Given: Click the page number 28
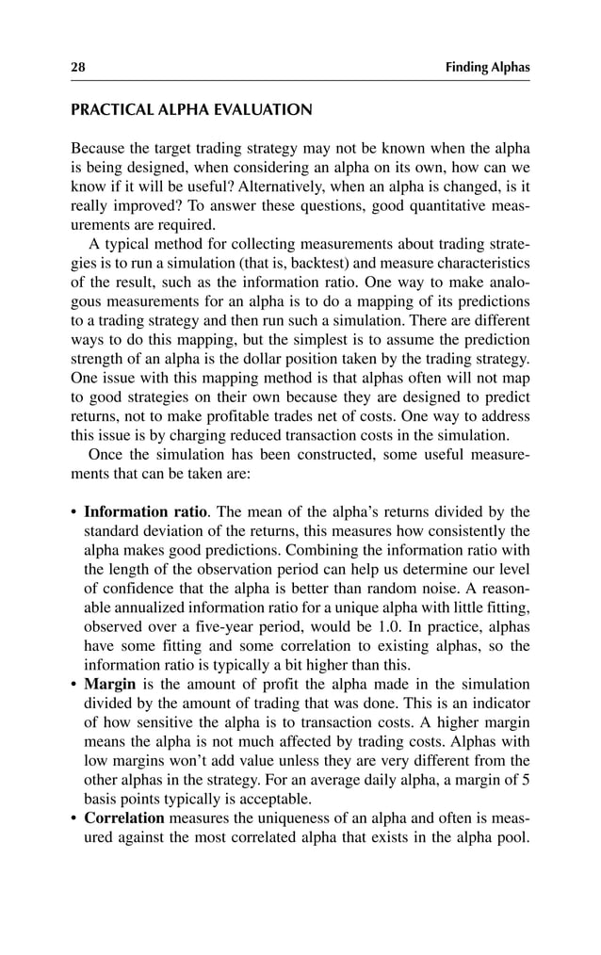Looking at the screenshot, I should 78,67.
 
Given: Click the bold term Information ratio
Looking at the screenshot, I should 145,512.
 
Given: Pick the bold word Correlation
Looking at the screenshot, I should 124,817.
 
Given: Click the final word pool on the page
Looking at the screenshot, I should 510,836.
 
